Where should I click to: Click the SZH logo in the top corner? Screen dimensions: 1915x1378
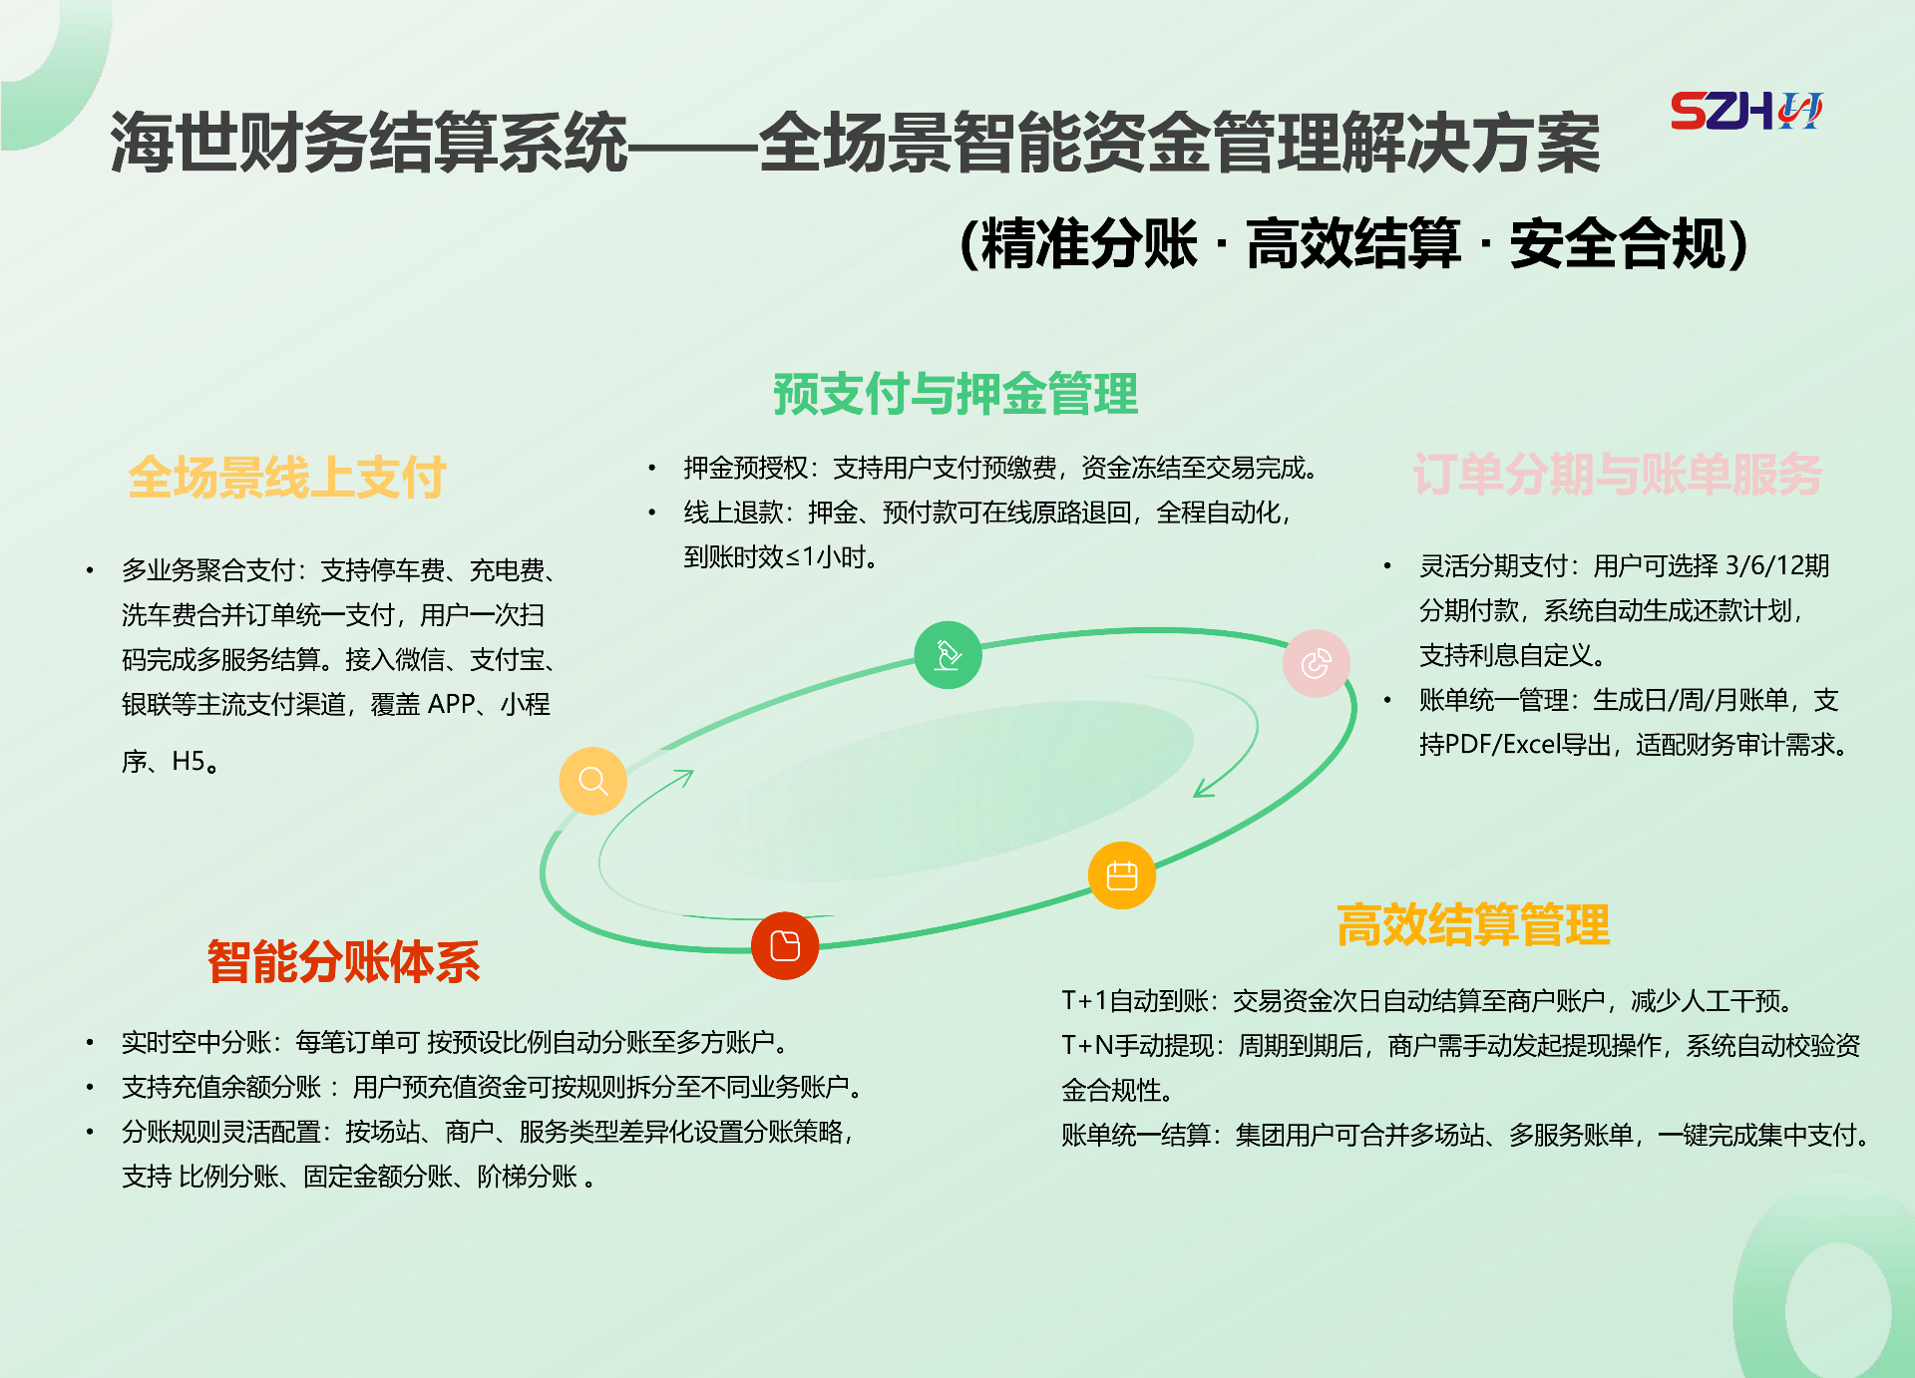click(x=1746, y=111)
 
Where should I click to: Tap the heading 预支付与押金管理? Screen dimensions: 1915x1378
click(x=956, y=393)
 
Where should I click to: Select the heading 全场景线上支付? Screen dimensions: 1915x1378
click(x=287, y=477)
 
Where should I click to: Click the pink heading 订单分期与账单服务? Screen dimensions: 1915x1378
click(x=1617, y=474)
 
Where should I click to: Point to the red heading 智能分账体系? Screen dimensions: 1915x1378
click(x=343, y=961)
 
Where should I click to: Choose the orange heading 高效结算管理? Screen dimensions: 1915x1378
click(x=1473, y=924)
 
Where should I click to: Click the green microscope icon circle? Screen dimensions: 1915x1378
click(x=948, y=655)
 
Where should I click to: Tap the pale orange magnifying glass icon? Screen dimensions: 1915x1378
click(x=593, y=781)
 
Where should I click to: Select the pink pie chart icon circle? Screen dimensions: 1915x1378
click(x=1317, y=663)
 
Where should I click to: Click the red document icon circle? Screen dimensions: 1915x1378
click(x=785, y=945)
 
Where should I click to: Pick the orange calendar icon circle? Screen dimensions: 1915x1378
click(x=1122, y=875)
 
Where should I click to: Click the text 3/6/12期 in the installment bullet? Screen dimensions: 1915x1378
click(x=1777, y=566)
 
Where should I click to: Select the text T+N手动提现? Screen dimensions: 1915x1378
click(x=1138, y=1046)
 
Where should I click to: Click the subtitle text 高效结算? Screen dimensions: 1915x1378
click(x=1353, y=244)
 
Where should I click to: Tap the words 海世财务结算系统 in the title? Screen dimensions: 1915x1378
click(x=369, y=143)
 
